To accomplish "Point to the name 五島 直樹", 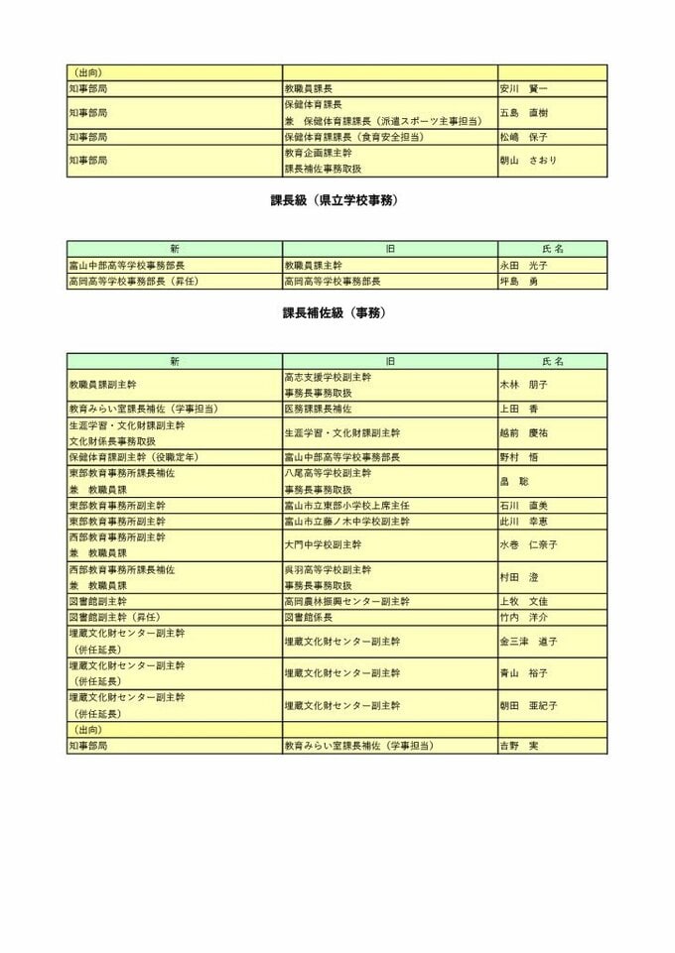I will coord(523,113).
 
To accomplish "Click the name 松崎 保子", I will coord(523,137).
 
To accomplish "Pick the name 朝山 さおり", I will coord(528,161).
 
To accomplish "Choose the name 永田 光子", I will coord(523,266).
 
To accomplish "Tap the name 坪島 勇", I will coord(519,282).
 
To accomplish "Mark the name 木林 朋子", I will coord(524,385).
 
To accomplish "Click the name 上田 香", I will coord(519,409).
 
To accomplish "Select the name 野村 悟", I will coord(519,457).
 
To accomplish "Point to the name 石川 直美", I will coord(523,506).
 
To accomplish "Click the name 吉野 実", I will coord(519,746).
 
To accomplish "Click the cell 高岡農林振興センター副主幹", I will coord(346,602).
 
